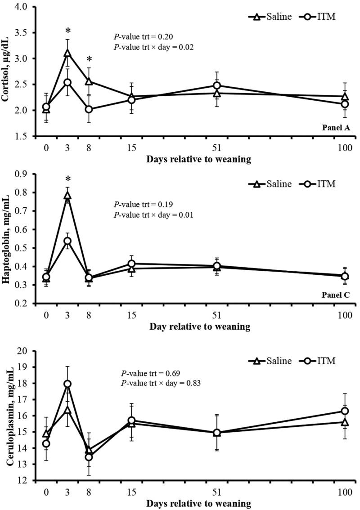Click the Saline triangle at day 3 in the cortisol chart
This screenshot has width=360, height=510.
click(67, 53)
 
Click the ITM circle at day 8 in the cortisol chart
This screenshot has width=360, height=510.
click(89, 109)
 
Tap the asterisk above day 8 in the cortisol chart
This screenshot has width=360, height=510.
click(89, 59)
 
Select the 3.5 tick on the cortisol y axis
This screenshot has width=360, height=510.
click(22, 33)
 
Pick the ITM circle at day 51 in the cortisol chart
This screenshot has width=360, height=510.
click(217, 85)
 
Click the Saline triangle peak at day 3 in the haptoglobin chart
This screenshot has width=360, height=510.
click(67, 195)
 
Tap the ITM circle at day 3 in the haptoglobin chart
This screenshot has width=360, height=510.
click(67, 241)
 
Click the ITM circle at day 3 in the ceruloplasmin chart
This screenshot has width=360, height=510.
click(67, 384)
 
